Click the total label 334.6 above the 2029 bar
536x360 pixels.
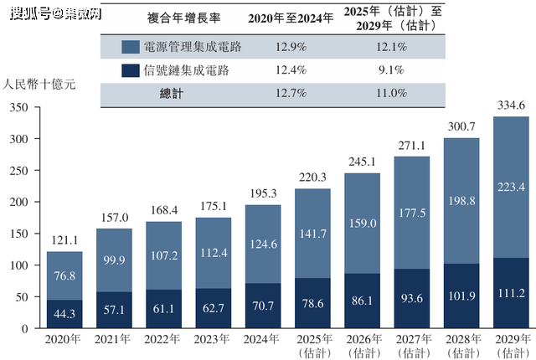tap(510, 105)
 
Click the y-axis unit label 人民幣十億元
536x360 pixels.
tap(40, 85)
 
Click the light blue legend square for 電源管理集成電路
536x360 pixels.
tap(131, 46)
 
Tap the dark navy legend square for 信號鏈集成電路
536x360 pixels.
tap(131, 69)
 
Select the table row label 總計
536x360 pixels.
tap(172, 94)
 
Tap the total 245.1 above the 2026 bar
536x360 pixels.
tap(363, 162)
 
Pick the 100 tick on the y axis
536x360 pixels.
tap(18, 265)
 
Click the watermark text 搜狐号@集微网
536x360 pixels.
tap(47, 13)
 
